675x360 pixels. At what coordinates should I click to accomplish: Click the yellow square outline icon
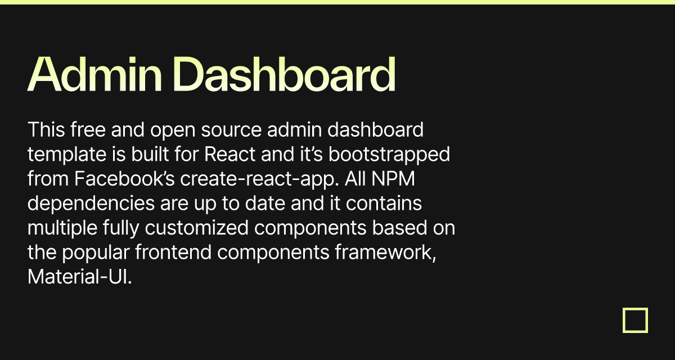635,320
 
